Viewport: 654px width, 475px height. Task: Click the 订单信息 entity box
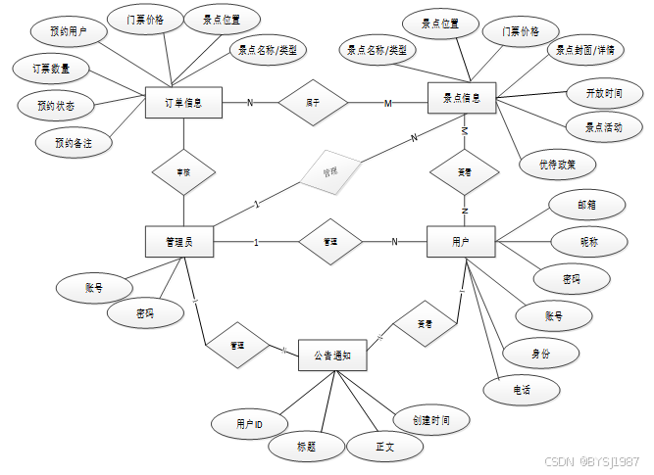(183, 103)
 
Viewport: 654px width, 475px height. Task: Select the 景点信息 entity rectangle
(463, 99)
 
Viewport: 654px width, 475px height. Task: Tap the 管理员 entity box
(179, 242)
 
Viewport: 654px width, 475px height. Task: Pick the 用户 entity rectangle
(461, 242)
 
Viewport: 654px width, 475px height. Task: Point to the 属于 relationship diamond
(313, 102)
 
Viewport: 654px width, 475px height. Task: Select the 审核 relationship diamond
(183, 172)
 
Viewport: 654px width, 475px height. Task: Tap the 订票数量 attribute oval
(52, 70)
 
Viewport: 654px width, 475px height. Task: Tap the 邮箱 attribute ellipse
(585, 206)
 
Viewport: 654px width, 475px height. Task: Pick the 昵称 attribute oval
(588, 241)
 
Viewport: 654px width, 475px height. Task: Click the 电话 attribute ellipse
(521, 389)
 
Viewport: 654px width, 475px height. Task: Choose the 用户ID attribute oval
(249, 424)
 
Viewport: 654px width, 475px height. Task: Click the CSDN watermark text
(591, 461)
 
